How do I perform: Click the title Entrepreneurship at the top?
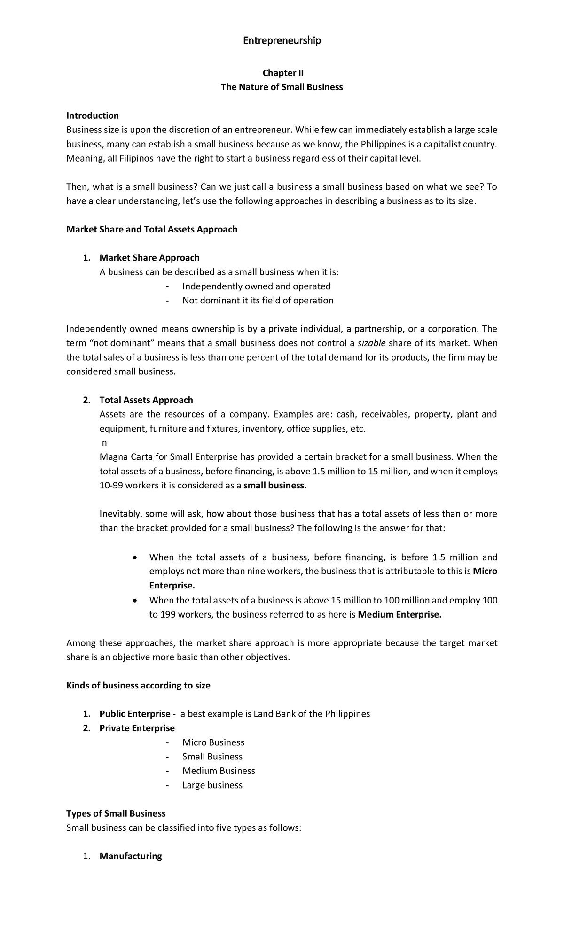click(x=282, y=41)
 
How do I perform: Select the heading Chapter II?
click(x=283, y=73)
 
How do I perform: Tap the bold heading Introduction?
click(x=93, y=116)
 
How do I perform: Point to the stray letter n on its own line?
click(x=104, y=443)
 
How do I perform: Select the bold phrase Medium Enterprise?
click(x=399, y=614)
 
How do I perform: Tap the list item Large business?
click(x=212, y=785)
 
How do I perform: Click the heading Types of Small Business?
click(x=116, y=813)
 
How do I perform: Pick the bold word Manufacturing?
click(x=131, y=856)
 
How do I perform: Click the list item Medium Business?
click(x=219, y=771)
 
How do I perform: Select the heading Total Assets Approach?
click(x=146, y=400)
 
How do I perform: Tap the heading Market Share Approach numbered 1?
click(x=149, y=258)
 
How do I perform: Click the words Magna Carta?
click(x=123, y=457)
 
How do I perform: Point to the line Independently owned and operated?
click(x=256, y=286)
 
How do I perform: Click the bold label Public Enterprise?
click(x=135, y=714)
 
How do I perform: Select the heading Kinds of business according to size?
click(x=138, y=686)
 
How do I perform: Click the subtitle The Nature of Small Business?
click(x=282, y=87)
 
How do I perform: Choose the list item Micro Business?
click(x=213, y=742)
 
